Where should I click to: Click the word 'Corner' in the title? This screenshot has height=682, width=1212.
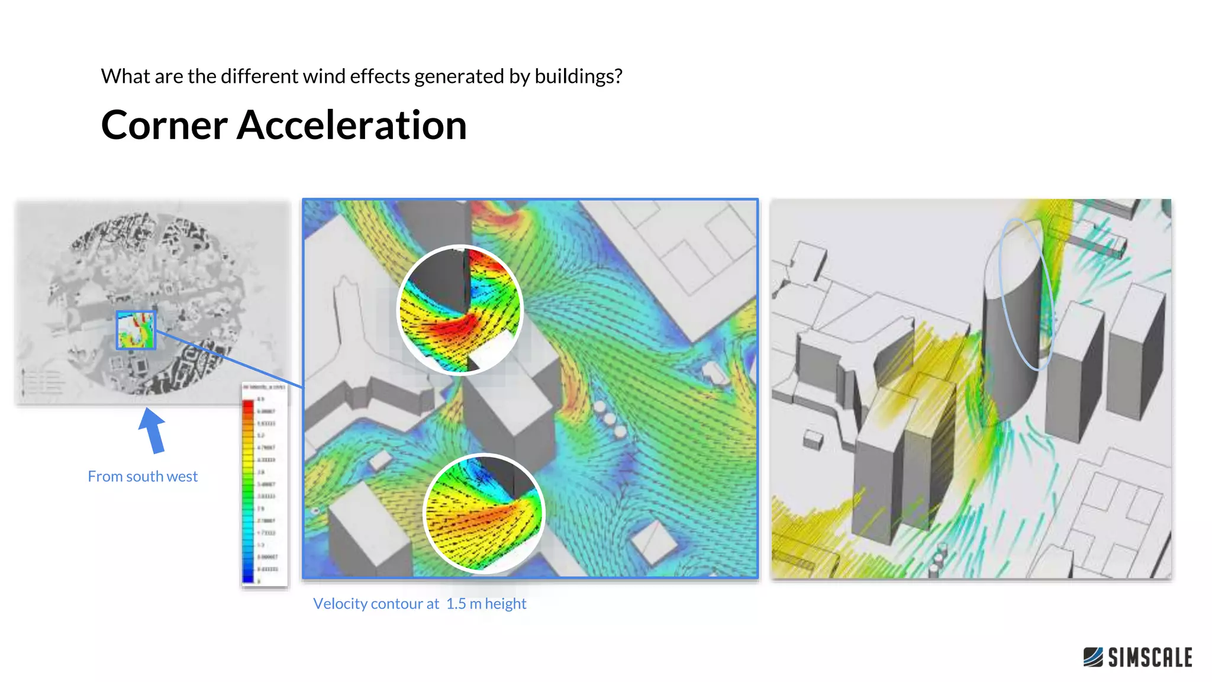coord(165,126)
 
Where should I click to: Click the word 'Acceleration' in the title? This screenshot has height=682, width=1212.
coord(352,126)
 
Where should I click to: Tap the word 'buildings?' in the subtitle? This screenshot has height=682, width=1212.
coord(578,76)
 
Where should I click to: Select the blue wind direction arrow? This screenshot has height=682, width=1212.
coord(153,431)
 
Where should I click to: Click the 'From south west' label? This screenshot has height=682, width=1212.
coord(143,477)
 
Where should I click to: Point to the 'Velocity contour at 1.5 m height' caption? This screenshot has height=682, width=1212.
coord(419,604)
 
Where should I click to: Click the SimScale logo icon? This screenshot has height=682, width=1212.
coord(1092,657)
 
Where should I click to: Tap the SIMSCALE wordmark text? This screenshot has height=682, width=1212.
coord(1150,658)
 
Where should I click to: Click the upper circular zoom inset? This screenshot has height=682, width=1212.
coord(460,310)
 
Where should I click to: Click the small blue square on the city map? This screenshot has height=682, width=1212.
coord(136,330)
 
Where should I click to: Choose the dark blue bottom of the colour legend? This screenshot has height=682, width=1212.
coord(248,574)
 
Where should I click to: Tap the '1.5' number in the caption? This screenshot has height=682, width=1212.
coord(456,604)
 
